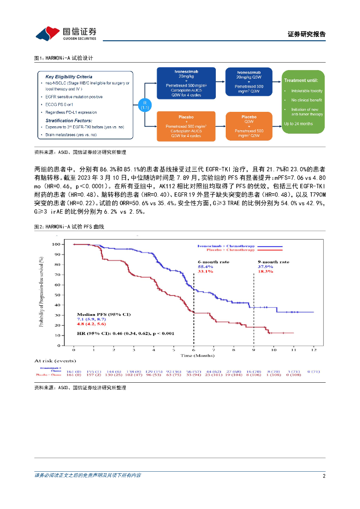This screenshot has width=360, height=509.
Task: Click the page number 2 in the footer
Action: tap(324, 476)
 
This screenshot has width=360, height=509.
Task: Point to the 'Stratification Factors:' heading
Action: tap(69, 120)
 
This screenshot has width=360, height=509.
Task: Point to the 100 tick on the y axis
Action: tap(56, 244)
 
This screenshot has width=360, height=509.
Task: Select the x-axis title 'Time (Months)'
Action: tap(197, 355)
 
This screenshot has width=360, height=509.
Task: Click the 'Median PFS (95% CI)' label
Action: tap(96, 314)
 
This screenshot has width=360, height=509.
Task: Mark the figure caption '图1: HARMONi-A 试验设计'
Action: tap(64, 58)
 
